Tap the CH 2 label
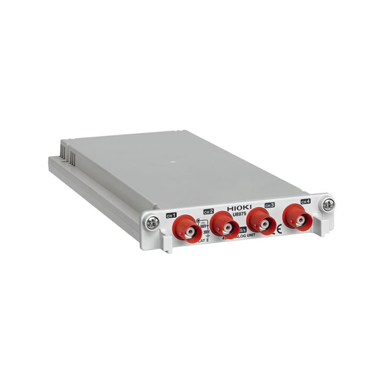pos(208,211)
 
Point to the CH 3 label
pos(269,205)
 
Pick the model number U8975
pos(241,216)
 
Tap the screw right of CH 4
pos(327,204)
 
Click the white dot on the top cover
pos(173,162)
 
